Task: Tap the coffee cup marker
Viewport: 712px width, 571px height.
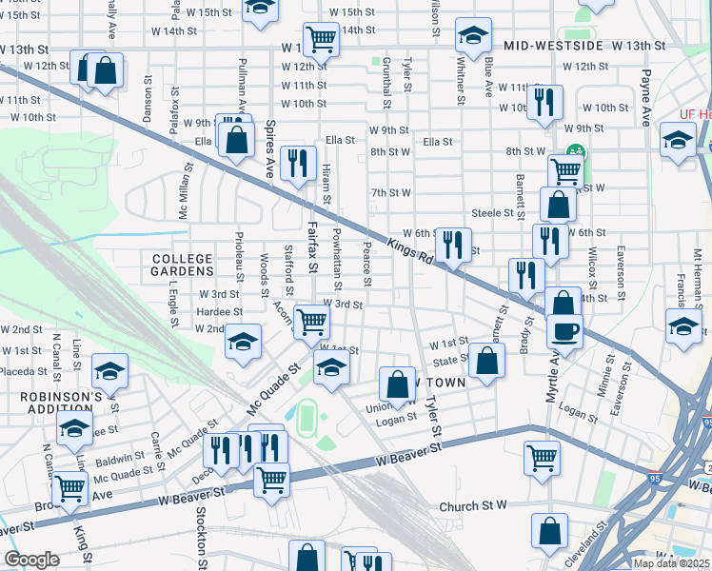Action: (x=565, y=332)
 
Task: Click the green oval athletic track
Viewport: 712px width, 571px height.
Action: (x=307, y=415)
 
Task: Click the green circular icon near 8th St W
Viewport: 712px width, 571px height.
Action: (x=575, y=150)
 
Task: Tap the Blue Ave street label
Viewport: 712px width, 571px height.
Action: (x=488, y=77)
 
